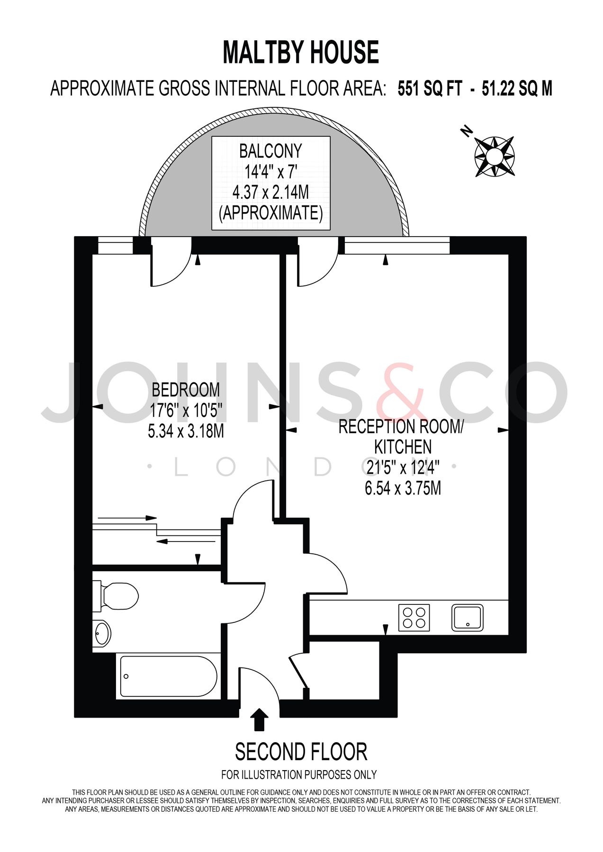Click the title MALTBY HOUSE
[301, 52]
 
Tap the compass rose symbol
[495, 156]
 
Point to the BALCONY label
[270, 151]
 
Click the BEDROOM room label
[186, 390]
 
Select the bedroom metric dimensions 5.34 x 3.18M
[186, 432]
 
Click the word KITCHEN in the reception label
[403, 447]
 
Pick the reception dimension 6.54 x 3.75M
[403, 488]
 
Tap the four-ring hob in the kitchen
[414, 618]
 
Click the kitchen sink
[468, 618]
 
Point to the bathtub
[168, 676]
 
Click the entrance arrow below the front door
[259, 719]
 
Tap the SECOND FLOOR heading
[301, 752]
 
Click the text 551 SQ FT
[429, 89]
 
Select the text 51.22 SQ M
[517, 89]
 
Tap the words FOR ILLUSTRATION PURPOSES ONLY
[299, 775]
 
